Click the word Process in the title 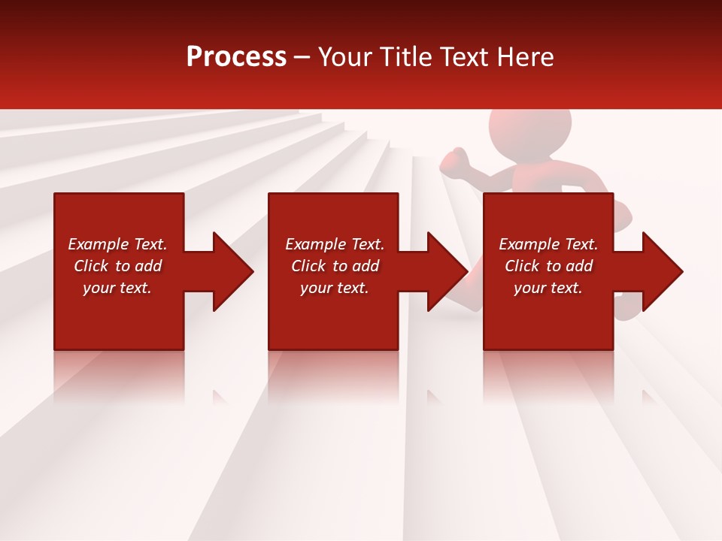tap(236, 57)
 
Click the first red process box tap(119, 316)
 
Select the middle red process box tap(333, 316)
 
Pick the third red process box tap(548, 316)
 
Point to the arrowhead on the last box tap(661, 271)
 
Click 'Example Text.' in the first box tap(117, 244)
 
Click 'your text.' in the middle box tap(334, 288)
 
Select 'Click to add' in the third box tap(548, 266)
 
